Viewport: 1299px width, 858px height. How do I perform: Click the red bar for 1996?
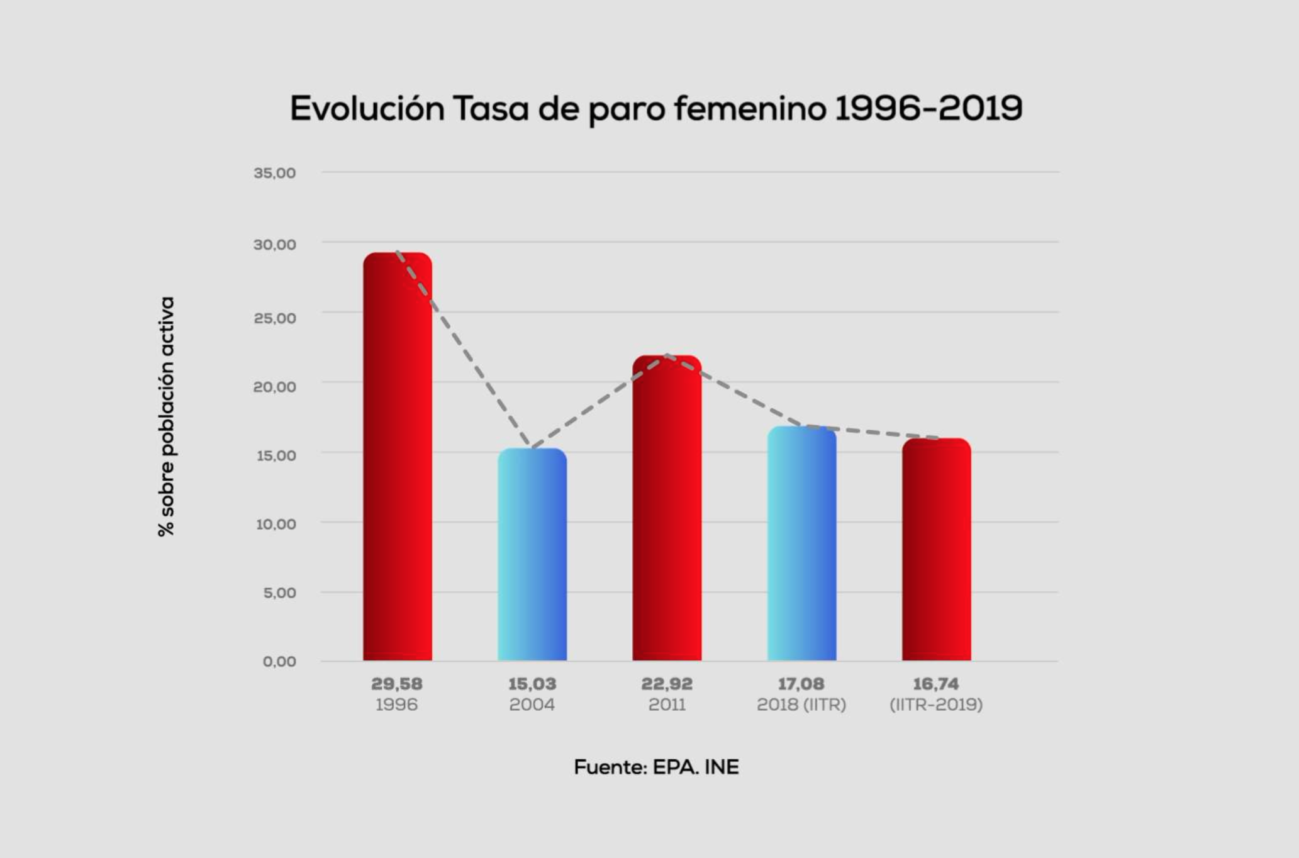[398, 456]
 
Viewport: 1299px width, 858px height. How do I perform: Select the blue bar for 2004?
[532, 554]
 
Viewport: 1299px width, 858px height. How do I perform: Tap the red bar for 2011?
[667, 508]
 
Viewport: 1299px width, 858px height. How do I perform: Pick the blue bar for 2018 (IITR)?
[801, 543]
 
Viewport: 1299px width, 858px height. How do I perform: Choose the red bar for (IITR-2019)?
[936, 549]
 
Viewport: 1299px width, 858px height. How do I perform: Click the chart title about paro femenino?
[656, 109]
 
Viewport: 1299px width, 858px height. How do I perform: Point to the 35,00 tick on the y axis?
[275, 173]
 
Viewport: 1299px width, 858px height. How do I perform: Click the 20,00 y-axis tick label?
[275, 387]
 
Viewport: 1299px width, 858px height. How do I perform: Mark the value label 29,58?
[397, 684]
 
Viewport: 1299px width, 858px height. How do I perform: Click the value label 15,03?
[532, 684]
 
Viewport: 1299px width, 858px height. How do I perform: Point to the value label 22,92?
[667, 684]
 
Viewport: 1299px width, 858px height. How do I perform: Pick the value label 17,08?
[801, 684]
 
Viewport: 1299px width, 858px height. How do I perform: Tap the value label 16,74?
[936, 684]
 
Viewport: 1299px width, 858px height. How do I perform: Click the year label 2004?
[532, 705]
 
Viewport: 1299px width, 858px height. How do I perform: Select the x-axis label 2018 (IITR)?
[801, 705]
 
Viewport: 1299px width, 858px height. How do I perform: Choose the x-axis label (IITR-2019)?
[936, 705]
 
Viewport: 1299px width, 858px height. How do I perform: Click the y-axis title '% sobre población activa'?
[166, 416]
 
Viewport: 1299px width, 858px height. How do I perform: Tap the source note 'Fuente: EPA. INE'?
[656, 767]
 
